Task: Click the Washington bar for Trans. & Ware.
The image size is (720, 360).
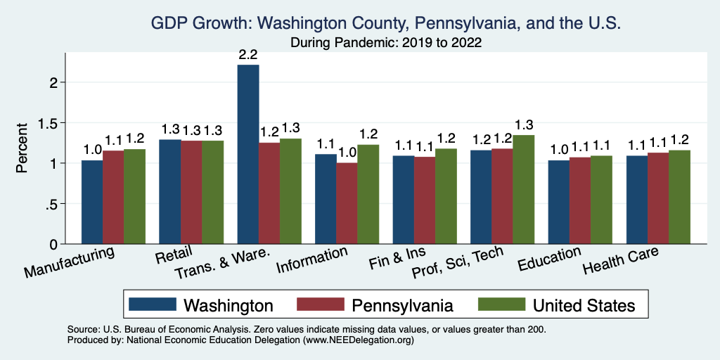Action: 248,155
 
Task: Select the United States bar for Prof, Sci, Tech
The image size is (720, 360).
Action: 523,190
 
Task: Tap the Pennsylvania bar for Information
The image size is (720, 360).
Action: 347,204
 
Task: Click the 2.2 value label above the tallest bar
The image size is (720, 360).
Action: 248,53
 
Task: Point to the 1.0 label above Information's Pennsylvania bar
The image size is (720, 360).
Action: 347,152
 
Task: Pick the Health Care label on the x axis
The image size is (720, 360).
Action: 621,262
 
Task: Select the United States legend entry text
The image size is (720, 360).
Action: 584,305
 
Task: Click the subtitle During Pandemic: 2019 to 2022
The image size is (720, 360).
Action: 386,42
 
